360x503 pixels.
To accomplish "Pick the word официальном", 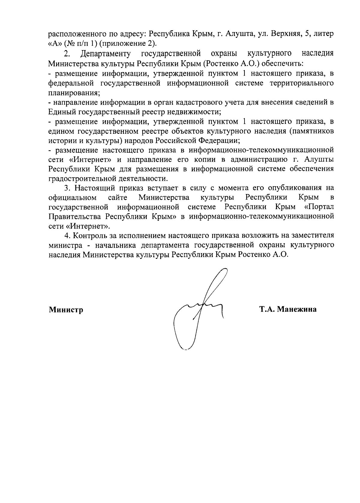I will (x=72, y=198).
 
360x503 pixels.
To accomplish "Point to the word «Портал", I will (x=319, y=207).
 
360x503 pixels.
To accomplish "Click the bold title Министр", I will (x=66, y=310).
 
